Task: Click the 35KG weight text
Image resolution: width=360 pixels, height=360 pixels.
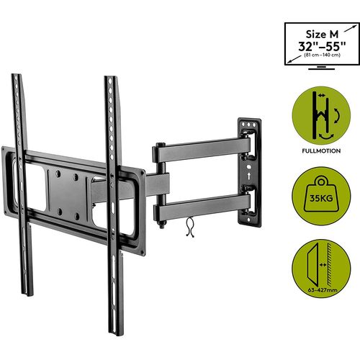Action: click(x=321, y=198)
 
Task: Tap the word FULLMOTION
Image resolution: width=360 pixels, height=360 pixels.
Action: click(x=321, y=151)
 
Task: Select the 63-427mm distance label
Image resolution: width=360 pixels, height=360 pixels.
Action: click(x=323, y=290)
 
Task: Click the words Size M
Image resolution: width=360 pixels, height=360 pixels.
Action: click(x=322, y=35)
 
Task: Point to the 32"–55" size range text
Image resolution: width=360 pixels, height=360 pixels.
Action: click(x=322, y=46)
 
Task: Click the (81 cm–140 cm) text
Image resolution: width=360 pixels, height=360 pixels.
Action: click(x=322, y=55)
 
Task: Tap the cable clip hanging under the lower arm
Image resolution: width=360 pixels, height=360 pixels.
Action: click(x=190, y=227)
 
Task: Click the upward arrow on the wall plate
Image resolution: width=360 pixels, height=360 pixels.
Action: click(x=249, y=176)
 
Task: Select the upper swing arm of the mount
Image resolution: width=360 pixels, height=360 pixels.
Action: click(x=202, y=150)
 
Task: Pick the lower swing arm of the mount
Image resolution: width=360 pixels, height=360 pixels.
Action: click(x=202, y=207)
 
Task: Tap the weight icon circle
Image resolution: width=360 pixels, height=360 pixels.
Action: click(x=321, y=196)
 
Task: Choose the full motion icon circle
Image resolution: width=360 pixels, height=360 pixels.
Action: click(x=321, y=116)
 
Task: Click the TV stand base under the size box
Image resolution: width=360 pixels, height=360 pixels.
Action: click(x=321, y=69)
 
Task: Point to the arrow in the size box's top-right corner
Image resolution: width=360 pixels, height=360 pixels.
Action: click(x=350, y=28)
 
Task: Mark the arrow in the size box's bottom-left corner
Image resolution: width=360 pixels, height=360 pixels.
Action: click(x=294, y=60)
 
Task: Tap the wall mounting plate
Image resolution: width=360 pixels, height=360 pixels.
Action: click(x=249, y=172)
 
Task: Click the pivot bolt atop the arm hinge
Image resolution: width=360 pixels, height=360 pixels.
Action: click(x=161, y=145)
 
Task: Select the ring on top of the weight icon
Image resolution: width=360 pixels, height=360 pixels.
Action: click(x=321, y=181)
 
